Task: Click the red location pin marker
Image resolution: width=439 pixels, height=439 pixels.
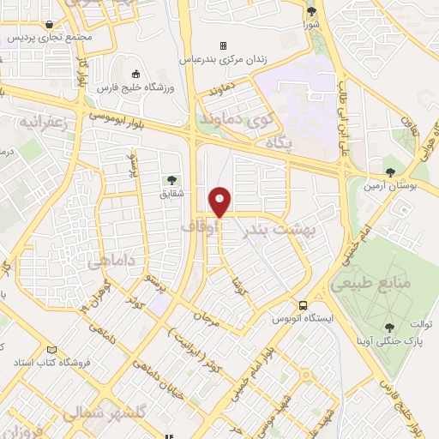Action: (x=220, y=202)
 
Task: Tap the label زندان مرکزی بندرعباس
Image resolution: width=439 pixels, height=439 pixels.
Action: (x=223, y=60)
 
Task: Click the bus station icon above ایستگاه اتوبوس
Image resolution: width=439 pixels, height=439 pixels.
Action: (x=303, y=305)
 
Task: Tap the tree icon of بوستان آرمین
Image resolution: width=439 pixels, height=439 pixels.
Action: (x=391, y=171)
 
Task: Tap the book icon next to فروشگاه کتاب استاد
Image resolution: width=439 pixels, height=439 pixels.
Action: (x=51, y=351)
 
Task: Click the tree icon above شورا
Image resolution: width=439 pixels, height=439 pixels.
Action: (x=311, y=11)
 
